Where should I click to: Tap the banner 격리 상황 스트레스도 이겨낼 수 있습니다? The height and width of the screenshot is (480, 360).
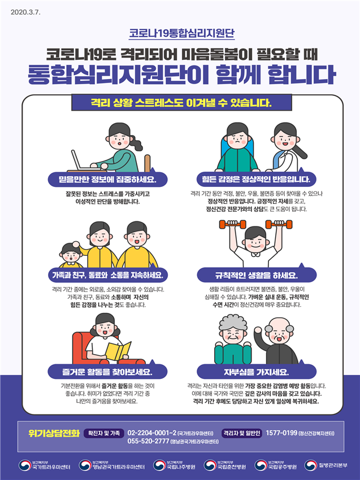[x=181, y=103]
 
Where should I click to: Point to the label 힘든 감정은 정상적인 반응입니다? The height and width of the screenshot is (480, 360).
[x=256, y=180]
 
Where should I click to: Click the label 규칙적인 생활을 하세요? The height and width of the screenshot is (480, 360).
[x=256, y=276]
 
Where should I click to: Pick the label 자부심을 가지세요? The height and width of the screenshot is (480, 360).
[x=256, y=372]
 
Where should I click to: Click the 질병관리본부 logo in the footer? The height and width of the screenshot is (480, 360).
[x=327, y=466]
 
